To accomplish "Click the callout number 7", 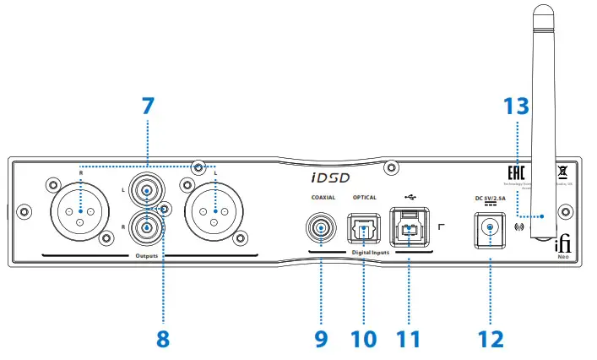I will [x=148, y=107].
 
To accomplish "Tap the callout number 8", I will [x=162, y=338].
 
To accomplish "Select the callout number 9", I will [x=321, y=338].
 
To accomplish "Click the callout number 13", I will [x=516, y=107].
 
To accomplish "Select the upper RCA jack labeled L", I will [x=149, y=193].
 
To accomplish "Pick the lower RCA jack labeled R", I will [x=149, y=226].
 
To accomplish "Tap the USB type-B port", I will [x=410, y=227].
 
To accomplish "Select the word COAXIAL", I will [x=322, y=197].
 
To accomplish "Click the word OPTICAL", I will [x=364, y=197].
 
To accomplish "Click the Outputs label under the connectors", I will [x=148, y=254].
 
